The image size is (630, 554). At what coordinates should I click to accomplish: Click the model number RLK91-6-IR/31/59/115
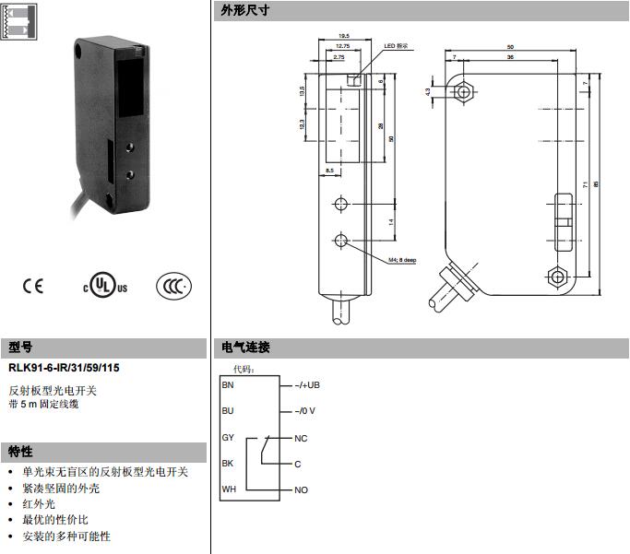click(x=64, y=368)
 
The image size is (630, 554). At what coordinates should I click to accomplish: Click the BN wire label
click(x=229, y=383)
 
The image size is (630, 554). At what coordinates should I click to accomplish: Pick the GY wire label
click(x=229, y=437)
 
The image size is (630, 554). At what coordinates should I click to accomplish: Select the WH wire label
click(x=229, y=489)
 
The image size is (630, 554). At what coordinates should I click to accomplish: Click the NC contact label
click(x=301, y=438)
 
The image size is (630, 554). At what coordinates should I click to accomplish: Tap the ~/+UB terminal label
click(x=307, y=383)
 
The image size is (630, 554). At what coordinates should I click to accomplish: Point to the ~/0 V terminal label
click(x=305, y=410)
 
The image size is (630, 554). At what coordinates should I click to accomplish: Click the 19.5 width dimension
click(x=343, y=34)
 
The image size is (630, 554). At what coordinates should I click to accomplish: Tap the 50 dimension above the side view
click(x=510, y=46)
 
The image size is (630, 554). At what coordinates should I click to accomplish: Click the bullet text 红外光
click(x=39, y=504)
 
